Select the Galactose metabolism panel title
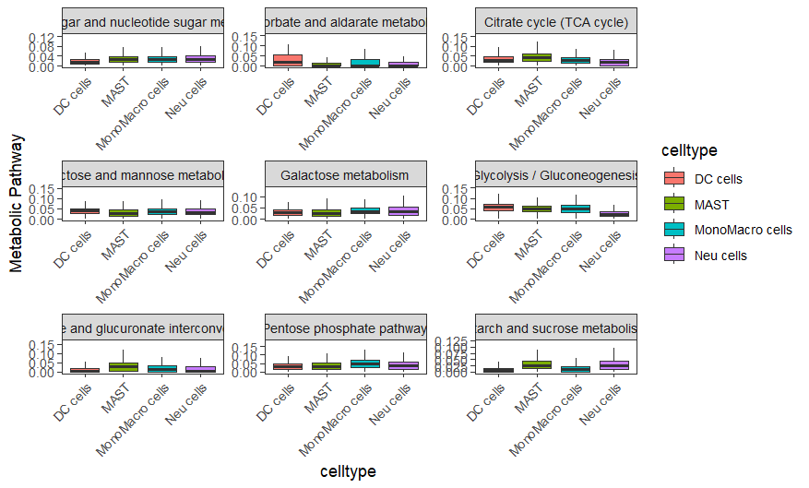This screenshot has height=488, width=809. pos(344,175)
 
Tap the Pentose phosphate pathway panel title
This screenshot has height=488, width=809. pos(344,327)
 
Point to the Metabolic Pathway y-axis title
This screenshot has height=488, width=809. pos(16,203)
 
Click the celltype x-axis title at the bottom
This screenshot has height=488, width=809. pos(348,471)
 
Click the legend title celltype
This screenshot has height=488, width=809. pos(689,150)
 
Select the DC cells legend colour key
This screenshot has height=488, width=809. pos(674,179)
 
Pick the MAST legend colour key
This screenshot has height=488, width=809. pos(674,204)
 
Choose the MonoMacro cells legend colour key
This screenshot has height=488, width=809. pos(674,230)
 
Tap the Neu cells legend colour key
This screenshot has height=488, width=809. pos(674,255)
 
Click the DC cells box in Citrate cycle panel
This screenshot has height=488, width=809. pos(498,59)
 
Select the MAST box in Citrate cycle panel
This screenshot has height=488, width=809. pos(536,57)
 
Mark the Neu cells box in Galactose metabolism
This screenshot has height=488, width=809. pos(403,211)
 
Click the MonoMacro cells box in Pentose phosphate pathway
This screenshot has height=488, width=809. pos(365,363)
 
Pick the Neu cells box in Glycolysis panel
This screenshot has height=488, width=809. pos(614,213)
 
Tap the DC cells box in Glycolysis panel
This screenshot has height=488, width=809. pos(498,208)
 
